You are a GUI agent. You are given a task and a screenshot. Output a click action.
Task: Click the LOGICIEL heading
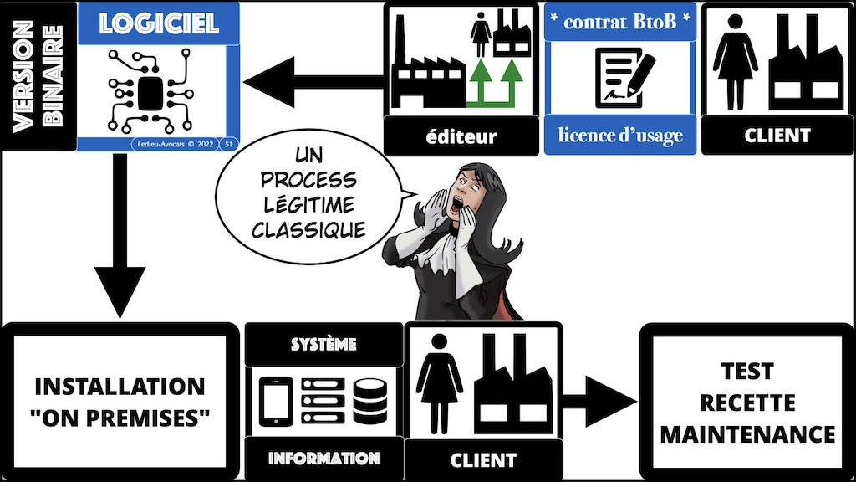pos(159,23)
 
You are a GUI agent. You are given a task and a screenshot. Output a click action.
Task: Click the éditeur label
pos(459,136)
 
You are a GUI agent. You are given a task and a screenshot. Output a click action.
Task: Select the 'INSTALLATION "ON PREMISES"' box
pos(120,400)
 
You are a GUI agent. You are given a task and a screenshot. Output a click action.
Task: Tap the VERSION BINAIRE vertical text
pos(38,74)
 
